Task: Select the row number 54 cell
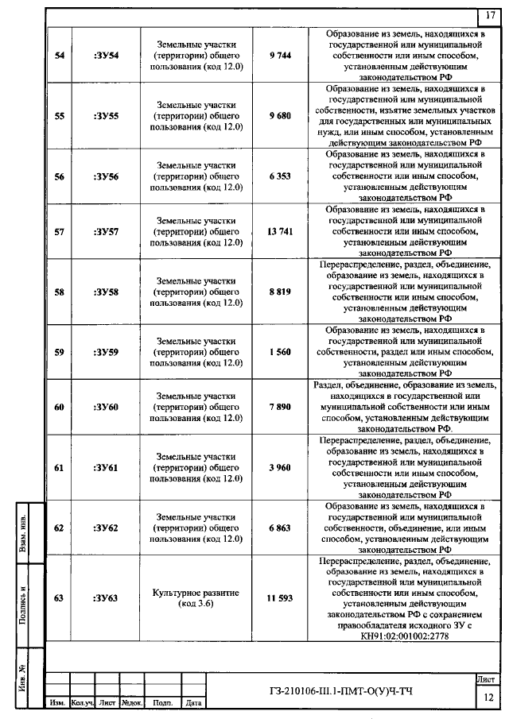point(59,54)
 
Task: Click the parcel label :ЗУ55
point(106,115)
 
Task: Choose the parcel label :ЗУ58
point(106,292)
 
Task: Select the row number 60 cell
point(59,407)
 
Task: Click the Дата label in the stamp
point(193,702)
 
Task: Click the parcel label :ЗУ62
point(106,528)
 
